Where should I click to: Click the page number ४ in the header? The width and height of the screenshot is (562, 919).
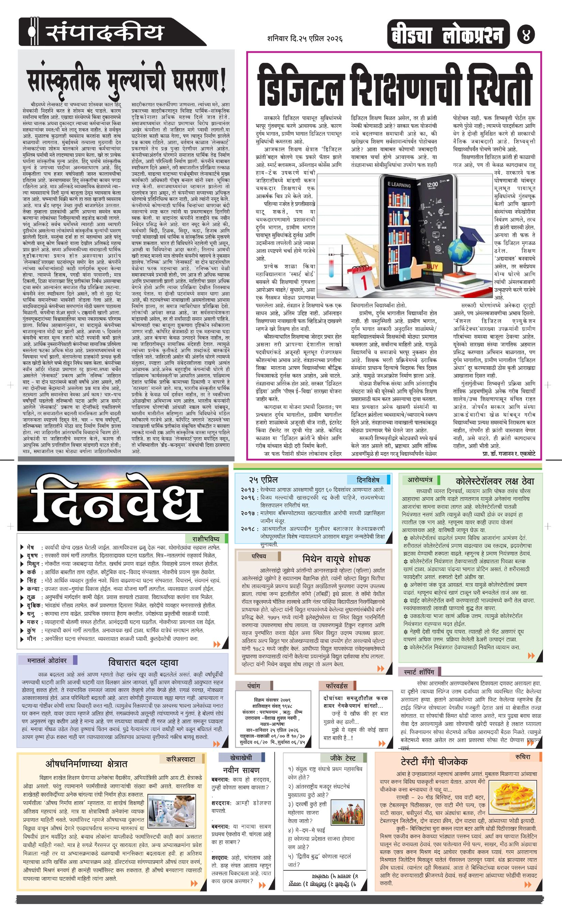tap(526, 35)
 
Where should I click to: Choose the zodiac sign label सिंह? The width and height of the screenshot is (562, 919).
tap(32, 580)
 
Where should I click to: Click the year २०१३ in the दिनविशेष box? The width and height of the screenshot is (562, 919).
tap(248, 490)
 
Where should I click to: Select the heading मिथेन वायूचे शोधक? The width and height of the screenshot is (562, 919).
tap(336, 559)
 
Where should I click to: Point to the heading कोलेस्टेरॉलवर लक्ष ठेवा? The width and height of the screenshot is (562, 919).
tap(495, 481)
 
